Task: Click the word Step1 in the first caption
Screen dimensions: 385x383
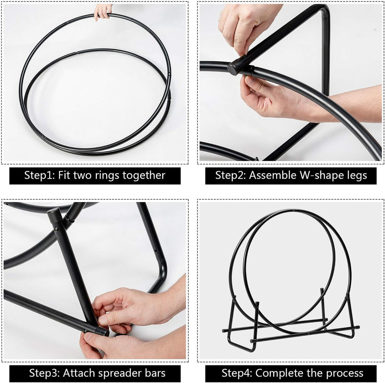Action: point(40,176)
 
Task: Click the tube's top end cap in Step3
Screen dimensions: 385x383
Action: point(54,212)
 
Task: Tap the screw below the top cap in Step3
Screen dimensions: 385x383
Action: point(56,230)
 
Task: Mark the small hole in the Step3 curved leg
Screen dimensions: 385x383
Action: point(156,251)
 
